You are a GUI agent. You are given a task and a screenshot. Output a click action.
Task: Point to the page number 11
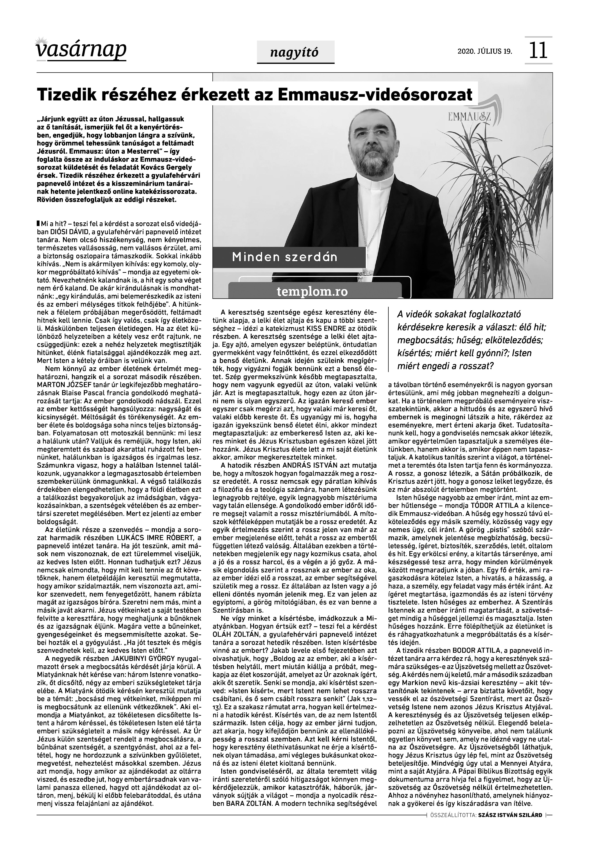[538, 51]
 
